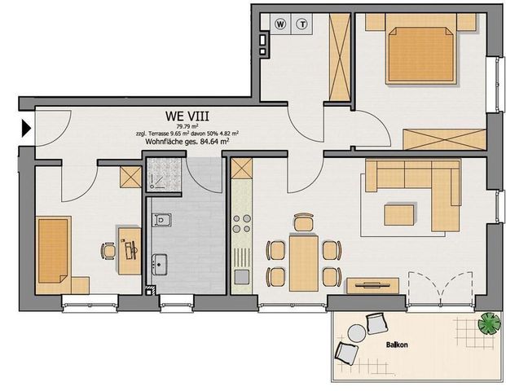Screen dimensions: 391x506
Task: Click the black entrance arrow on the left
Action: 26,128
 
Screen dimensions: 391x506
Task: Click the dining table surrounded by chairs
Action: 302,261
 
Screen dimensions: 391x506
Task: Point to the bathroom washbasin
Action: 161,264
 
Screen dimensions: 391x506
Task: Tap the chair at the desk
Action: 108,251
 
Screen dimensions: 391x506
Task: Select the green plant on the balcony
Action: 489,323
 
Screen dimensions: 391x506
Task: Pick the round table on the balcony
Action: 356,333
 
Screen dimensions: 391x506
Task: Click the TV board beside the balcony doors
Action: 372,284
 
